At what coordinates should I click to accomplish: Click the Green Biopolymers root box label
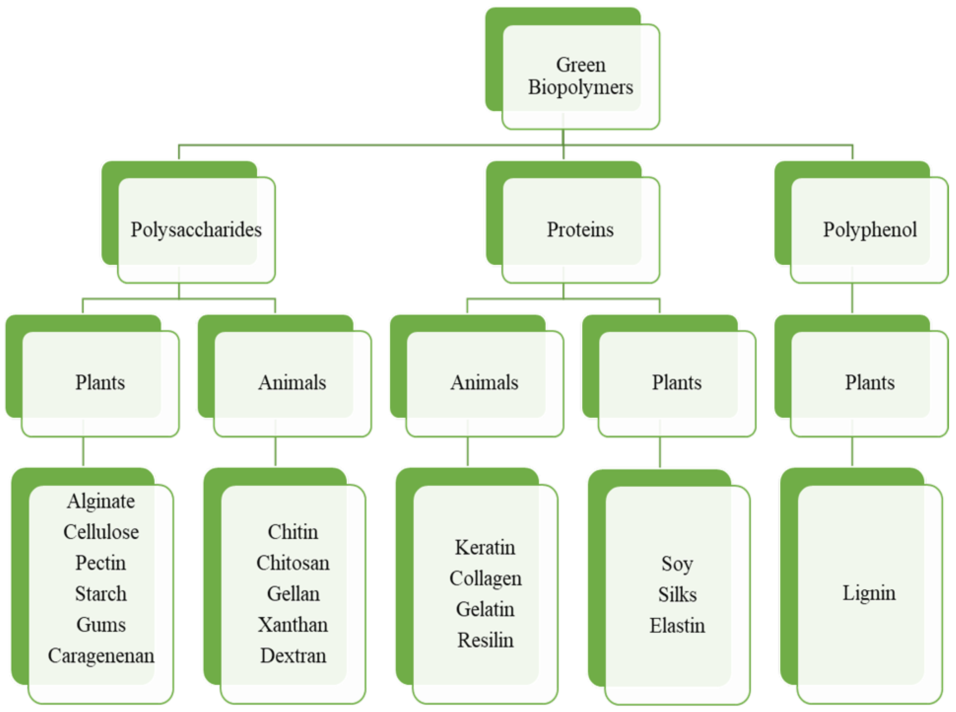click(580, 76)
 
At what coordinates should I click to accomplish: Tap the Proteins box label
click(580, 229)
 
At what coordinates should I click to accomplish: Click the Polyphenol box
click(869, 229)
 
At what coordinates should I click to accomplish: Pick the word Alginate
click(101, 501)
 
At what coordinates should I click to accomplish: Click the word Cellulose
click(101, 532)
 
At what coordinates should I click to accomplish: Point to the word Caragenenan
click(101, 656)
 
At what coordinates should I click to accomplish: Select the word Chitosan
click(293, 563)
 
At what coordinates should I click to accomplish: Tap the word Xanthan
click(293, 625)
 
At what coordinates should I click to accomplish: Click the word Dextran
click(293, 656)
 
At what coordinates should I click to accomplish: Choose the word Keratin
click(485, 547)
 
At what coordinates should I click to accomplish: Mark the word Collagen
click(485, 578)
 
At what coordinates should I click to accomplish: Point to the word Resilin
click(485, 640)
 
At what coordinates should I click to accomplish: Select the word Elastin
click(677, 626)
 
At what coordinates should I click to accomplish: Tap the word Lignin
click(869, 593)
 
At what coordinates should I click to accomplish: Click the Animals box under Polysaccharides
click(292, 383)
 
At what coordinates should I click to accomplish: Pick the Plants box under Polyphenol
click(869, 383)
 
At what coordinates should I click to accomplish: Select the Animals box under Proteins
click(484, 383)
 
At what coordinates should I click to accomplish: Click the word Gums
click(101, 625)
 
